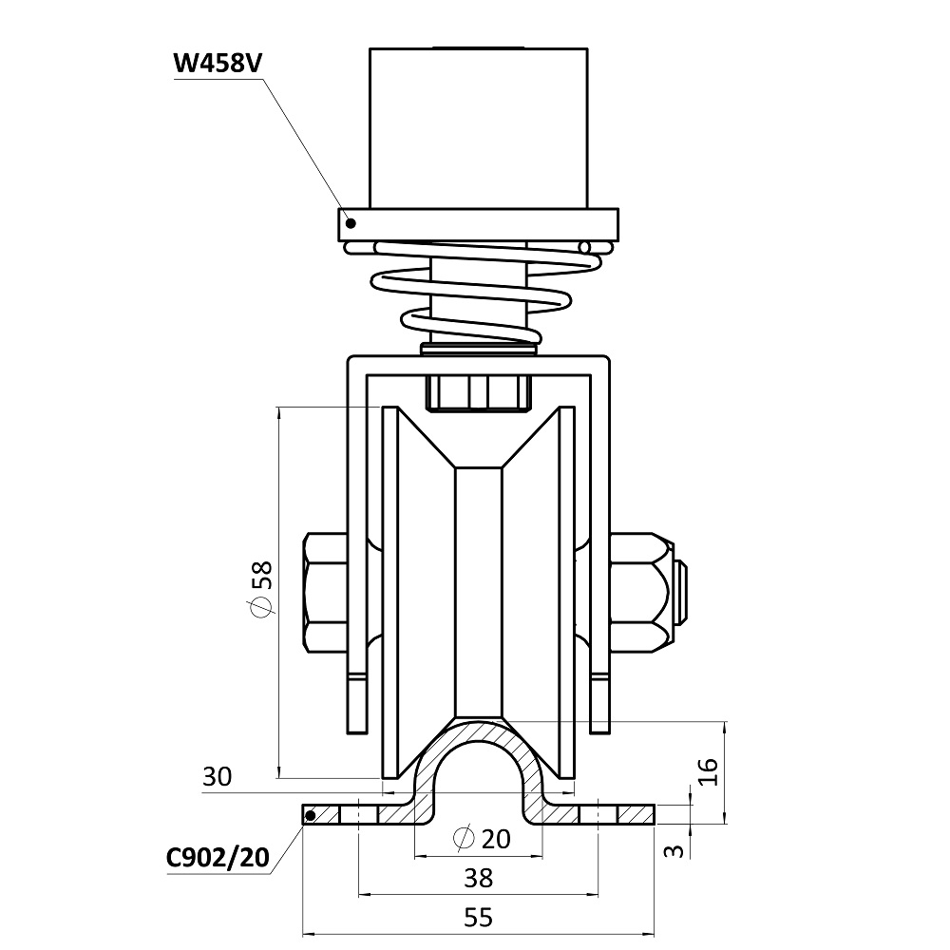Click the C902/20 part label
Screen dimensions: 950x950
point(218,858)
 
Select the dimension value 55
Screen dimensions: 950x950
point(480,918)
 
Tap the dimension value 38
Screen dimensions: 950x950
point(480,878)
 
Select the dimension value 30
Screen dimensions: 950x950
point(218,777)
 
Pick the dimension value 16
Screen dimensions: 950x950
point(704,770)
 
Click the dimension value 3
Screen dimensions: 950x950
point(673,849)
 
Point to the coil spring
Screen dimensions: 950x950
point(475,290)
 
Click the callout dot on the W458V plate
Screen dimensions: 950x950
point(351,223)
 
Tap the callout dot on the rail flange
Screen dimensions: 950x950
point(310,814)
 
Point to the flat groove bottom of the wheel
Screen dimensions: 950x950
point(479,589)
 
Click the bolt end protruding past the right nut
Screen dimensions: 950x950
point(682,595)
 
